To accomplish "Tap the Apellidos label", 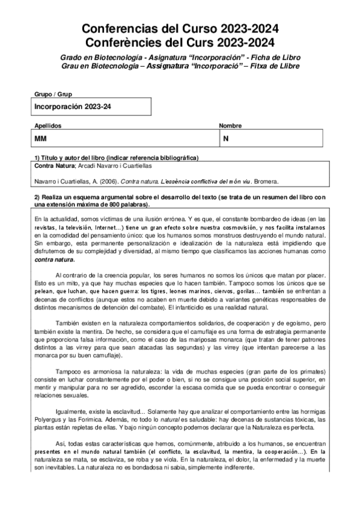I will click(47, 126).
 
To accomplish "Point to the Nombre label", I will click(230, 126).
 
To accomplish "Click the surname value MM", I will click(41, 139).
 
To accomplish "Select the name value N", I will click(226, 139).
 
